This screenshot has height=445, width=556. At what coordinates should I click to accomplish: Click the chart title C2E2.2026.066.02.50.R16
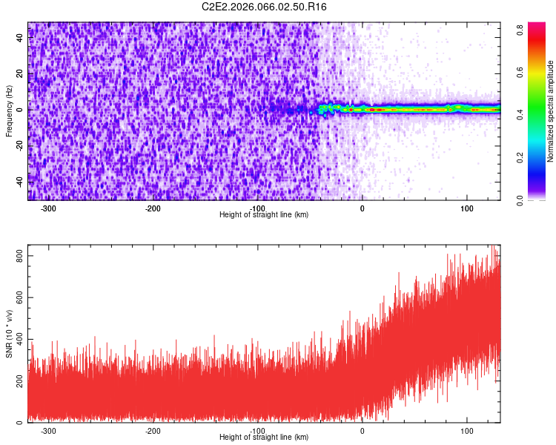pyautogui.click(x=265, y=7)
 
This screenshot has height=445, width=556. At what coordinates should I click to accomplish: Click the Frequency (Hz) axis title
pyautogui.click(x=9, y=111)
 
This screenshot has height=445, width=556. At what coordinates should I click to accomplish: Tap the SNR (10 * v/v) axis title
pyautogui.click(x=9, y=334)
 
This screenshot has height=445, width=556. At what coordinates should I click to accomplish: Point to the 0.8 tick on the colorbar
pyautogui.click(x=521, y=30)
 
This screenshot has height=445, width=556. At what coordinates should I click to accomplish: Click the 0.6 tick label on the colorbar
pyautogui.click(x=521, y=73)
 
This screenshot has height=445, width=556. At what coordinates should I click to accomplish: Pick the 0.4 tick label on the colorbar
pyautogui.click(x=521, y=115)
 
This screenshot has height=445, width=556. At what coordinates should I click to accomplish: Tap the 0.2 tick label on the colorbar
pyautogui.click(x=521, y=157)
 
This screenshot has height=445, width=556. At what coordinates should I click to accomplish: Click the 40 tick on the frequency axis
pyautogui.click(x=21, y=38)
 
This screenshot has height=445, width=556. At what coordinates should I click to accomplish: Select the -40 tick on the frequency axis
pyautogui.click(x=19, y=181)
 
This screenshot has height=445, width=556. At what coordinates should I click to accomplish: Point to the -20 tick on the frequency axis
pyautogui.click(x=19, y=145)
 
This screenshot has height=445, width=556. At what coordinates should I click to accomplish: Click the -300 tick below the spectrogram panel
pyautogui.click(x=48, y=208)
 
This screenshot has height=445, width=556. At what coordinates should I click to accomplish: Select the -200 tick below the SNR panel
pyautogui.click(x=153, y=431)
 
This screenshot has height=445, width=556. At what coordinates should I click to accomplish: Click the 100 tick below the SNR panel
pyautogui.click(x=467, y=431)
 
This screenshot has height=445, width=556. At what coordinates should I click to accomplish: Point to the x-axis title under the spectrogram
pyautogui.click(x=264, y=215)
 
